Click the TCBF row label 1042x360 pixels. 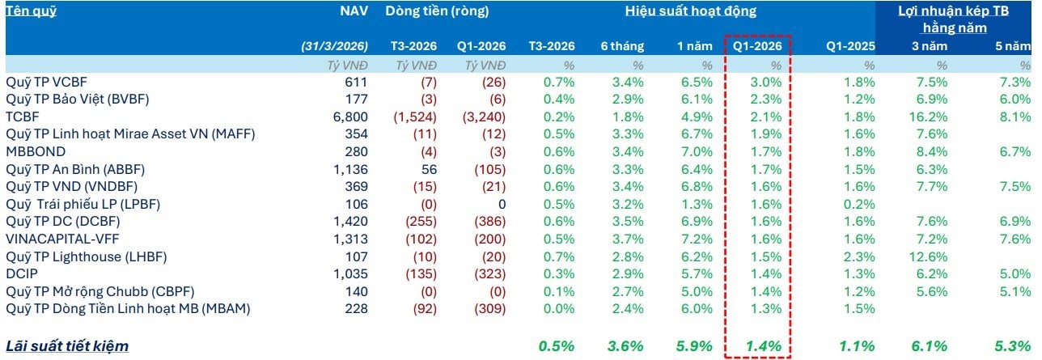click(22, 116)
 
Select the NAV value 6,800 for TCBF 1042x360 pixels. click(352, 116)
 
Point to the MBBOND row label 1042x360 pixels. click(35, 151)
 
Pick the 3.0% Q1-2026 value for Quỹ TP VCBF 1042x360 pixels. click(766, 82)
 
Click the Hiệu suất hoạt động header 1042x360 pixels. click(690, 11)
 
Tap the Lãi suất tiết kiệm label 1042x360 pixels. click(67, 346)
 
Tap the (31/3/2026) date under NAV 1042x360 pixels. click(334, 47)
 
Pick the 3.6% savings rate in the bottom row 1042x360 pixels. click(625, 346)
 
